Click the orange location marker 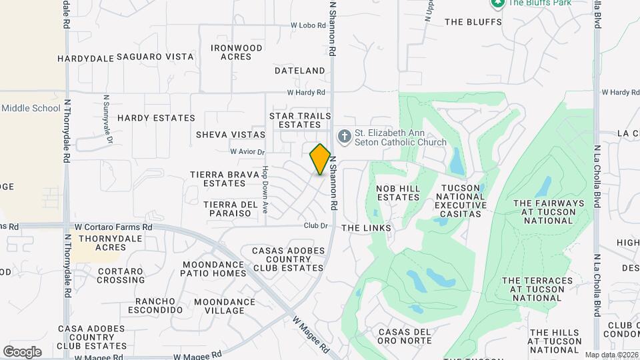[320, 159]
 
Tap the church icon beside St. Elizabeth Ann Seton [344, 137]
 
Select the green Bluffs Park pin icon [497, 3]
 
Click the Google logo [22, 351]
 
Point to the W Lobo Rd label [308, 25]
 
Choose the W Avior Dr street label [247, 152]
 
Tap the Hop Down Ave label [265, 189]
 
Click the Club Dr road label [315, 225]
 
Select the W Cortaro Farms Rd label [113, 227]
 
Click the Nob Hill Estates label [398, 193]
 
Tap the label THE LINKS [366, 228]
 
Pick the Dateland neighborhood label [299, 70]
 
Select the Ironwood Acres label [237, 52]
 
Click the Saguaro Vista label [155, 57]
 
